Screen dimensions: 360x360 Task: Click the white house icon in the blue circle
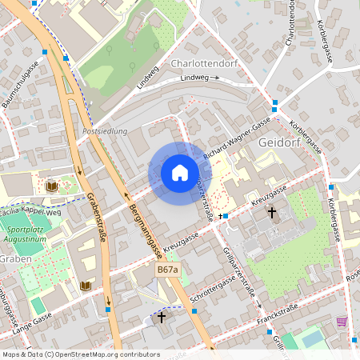pos(179,173)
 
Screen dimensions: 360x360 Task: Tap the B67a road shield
pos(167,270)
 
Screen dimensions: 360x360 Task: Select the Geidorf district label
pos(282,142)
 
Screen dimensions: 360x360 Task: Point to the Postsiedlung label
pos(105,130)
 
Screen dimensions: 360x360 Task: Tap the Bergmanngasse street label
pos(146,233)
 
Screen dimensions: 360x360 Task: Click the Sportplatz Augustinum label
pos(26,234)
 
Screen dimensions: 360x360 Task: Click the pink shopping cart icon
pos(342,322)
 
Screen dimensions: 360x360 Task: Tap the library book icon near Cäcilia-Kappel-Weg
pos(52,186)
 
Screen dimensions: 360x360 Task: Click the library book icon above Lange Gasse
pos(86,285)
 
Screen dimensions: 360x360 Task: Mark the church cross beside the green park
pos(272,213)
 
